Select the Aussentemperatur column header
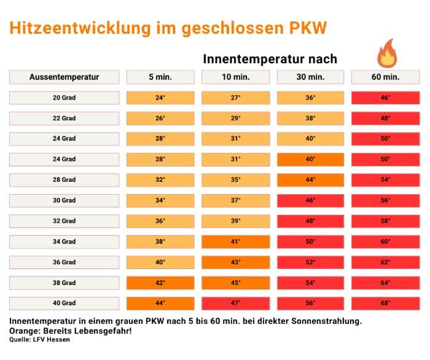click(x=64, y=77)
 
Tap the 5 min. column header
click(x=160, y=77)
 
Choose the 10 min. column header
click(x=236, y=77)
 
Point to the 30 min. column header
click(x=311, y=77)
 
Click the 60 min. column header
click(x=385, y=77)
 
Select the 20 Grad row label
click(x=64, y=98)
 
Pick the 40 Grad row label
click(x=64, y=303)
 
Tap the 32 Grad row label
click(x=64, y=221)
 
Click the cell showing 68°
click(x=385, y=303)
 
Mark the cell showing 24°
click(x=160, y=98)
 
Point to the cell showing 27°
click(x=236, y=98)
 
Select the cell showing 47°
click(x=236, y=303)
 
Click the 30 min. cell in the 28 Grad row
click(x=311, y=180)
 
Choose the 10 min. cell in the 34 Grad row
click(x=236, y=242)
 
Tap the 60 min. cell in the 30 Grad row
click(x=385, y=201)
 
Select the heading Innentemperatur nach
click(x=270, y=59)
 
